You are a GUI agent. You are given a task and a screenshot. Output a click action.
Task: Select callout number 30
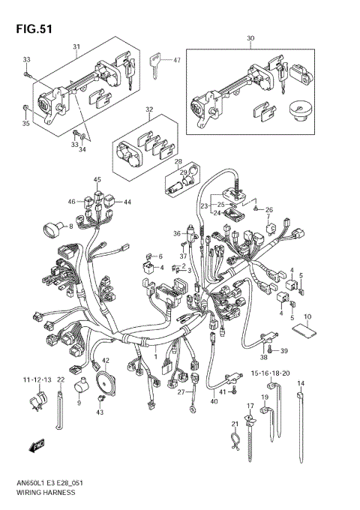click(250, 37)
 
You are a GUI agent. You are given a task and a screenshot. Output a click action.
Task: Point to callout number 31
click(76, 47)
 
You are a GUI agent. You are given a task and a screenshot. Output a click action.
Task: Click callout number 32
click(149, 109)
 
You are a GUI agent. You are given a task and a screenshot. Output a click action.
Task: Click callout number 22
click(61, 380)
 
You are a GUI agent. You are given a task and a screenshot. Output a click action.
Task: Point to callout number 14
click(300, 383)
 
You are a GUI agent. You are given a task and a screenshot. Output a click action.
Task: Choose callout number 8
click(70, 226)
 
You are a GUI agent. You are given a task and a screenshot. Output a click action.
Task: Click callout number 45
click(97, 180)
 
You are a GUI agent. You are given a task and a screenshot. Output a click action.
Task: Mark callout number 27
click(181, 392)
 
